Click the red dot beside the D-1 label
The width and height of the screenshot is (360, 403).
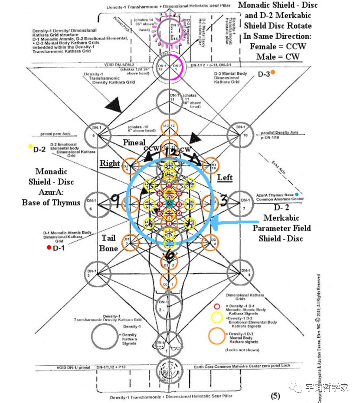click(x=49, y=248)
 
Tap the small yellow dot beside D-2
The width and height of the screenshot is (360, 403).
click(x=30, y=147)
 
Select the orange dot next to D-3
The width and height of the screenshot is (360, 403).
click(x=272, y=73)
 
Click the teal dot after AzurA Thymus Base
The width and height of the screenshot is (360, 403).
click(x=297, y=194)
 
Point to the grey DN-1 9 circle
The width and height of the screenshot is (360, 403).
click(x=96, y=131)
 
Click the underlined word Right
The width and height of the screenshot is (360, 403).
click(x=110, y=163)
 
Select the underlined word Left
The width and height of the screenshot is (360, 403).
click(x=225, y=177)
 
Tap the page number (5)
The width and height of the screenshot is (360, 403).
click(x=276, y=396)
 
